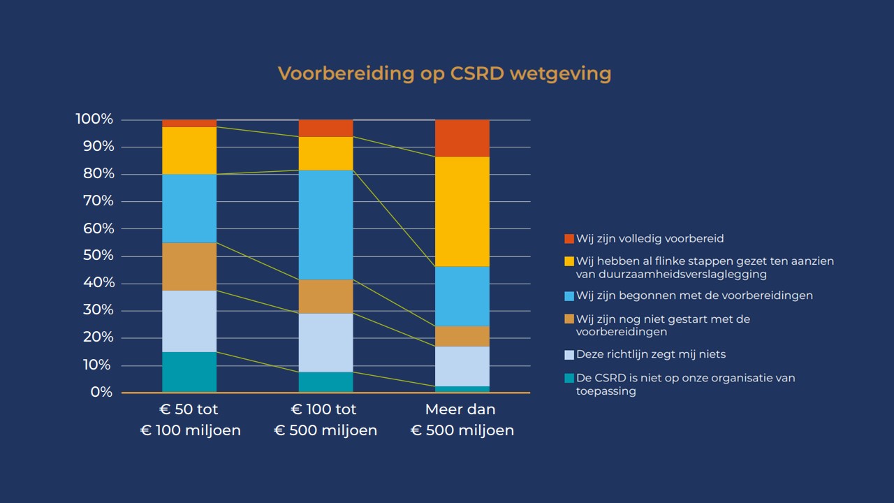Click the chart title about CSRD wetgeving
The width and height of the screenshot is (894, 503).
[x=444, y=73]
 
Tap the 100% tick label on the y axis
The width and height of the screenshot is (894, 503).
[x=94, y=119]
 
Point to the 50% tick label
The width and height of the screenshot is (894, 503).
[x=97, y=256]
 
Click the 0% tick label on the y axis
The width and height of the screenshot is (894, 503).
[x=101, y=393]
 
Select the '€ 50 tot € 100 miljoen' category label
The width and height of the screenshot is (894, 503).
[x=190, y=420]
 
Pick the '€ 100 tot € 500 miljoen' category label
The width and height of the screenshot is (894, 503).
[x=325, y=420]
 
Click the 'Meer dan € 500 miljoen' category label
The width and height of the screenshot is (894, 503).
[x=462, y=420]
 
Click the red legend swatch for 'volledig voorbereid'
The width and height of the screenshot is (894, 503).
[x=569, y=239]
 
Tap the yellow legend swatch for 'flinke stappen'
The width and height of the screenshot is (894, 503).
[x=569, y=261]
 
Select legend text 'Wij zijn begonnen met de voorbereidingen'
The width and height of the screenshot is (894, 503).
[x=694, y=296]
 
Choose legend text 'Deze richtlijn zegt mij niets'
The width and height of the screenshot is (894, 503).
[x=650, y=354]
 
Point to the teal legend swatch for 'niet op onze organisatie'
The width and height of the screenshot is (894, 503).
[x=569, y=379]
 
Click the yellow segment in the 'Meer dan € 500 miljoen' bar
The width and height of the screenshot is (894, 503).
[x=462, y=212]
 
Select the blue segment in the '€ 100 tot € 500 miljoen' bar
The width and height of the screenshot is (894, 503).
[x=325, y=225]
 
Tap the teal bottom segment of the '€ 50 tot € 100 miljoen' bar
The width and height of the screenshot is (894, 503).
[x=189, y=372]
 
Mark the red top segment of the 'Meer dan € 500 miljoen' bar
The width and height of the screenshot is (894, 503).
[x=462, y=138]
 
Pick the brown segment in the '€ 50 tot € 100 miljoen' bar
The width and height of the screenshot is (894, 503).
[x=189, y=266]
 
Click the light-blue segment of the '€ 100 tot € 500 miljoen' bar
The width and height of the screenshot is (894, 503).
[x=325, y=342]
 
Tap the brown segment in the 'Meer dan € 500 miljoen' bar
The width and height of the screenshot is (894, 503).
[x=462, y=336]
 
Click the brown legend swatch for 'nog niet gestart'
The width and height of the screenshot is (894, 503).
[x=569, y=319]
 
